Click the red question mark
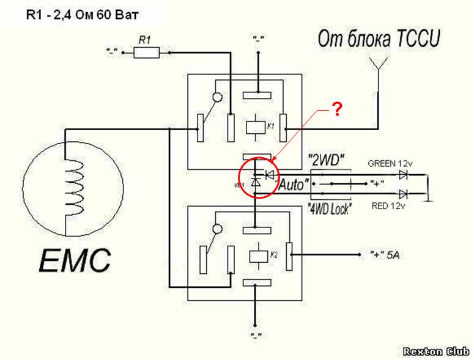[336, 110]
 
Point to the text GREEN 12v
[389, 163]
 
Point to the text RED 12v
[388, 207]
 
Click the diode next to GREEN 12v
[403, 174]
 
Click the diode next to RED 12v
[403, 194]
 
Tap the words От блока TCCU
[379, 40]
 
